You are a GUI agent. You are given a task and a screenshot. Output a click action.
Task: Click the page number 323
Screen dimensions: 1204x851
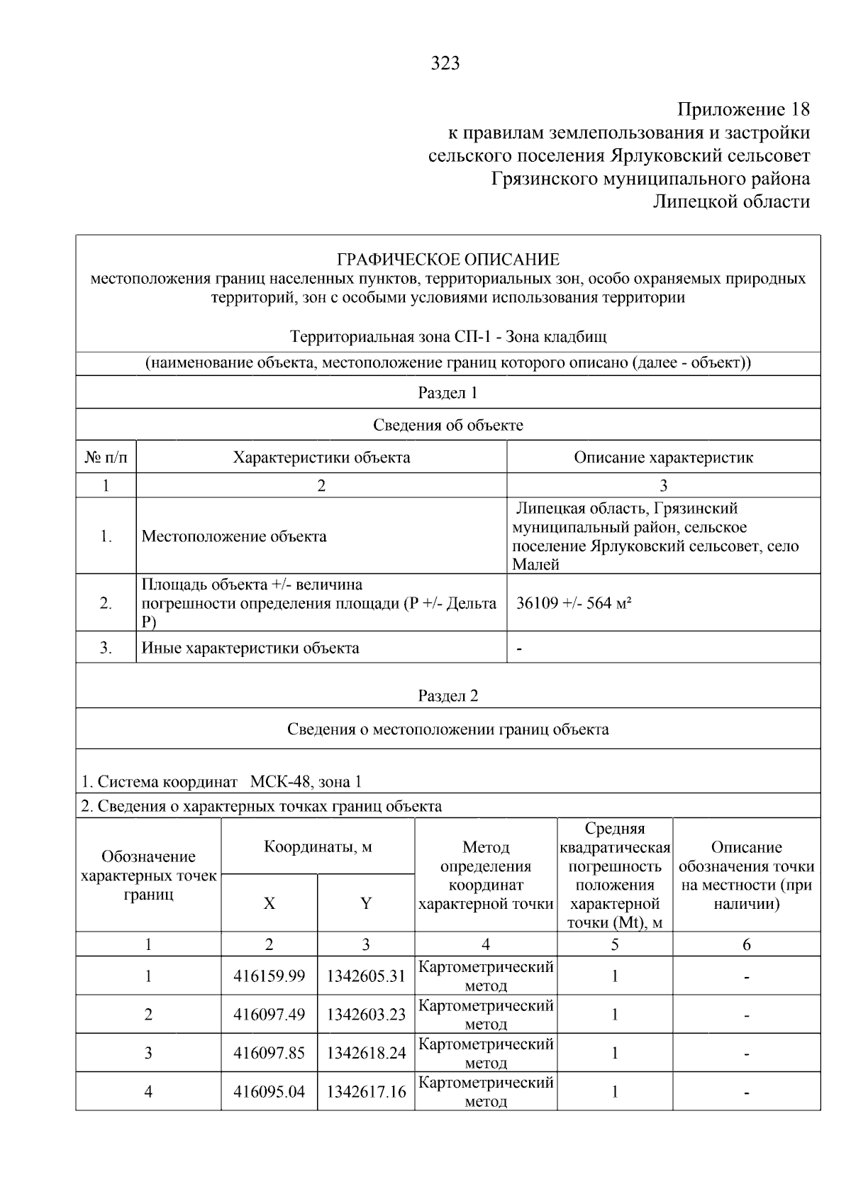pos(445,64)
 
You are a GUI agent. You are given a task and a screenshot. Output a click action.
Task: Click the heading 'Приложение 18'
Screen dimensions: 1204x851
pos(743,110)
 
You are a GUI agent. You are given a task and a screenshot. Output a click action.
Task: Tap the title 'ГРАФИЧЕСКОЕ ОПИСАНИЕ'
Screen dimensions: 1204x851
pos(447,259)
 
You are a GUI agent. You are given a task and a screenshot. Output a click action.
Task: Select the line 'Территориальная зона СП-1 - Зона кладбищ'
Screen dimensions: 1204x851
pos(447,336)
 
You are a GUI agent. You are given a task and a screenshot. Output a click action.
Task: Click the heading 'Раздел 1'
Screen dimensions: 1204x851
pos(447,393)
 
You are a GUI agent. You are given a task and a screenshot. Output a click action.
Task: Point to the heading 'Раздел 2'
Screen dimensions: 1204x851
pos(447,696)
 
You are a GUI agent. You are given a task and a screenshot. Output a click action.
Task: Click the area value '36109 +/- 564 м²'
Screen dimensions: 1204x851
pos(574,604)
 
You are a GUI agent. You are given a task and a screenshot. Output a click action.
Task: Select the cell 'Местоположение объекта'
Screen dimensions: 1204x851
pos(234,536)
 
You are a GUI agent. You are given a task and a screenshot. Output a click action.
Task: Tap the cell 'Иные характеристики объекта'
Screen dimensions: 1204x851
pos(250,648)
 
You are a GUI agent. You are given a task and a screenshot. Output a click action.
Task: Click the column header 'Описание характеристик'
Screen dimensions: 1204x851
pos(663,458)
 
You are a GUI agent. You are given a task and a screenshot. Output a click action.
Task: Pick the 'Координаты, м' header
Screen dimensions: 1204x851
pos(318,847)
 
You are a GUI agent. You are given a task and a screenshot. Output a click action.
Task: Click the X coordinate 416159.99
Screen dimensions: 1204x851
pos(269,976)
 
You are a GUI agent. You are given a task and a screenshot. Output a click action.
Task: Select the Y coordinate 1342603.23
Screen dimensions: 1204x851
pos(366,1015)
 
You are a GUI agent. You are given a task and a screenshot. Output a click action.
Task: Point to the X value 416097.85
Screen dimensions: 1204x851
pos(269,1053)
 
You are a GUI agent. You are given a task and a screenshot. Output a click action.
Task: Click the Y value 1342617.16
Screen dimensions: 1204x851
pos(366,1092)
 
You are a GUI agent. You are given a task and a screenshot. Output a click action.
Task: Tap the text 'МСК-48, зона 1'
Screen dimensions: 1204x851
pos(306,783)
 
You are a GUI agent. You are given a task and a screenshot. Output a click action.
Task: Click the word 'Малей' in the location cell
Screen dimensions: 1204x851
pos(535,565)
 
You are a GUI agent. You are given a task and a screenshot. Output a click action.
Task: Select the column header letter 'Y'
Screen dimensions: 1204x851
pos(365,903)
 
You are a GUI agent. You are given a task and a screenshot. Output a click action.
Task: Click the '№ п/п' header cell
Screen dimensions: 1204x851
pos(106,458)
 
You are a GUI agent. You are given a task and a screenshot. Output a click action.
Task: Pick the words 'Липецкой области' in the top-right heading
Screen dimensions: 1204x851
pos(730,202)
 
